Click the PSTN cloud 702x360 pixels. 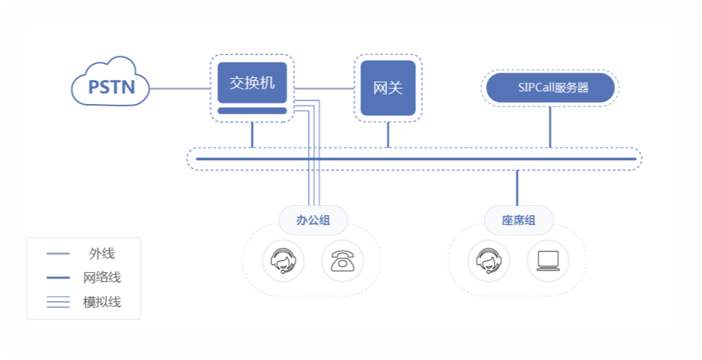[x=111, y=82]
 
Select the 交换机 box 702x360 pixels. [x=252, y=83]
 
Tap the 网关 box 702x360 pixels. [x=388, y=88]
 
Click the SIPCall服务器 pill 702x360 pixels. [x=550, y=88]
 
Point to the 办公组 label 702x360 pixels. [x=313, y=220]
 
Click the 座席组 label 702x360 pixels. [x=518, y=220]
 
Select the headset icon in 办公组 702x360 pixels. [x=283, y=261]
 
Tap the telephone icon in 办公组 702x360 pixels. [x=343, y=261]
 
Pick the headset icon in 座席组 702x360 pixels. [x=489, y=261]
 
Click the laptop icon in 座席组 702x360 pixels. [x=548, y=261]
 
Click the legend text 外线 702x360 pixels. [x=102, y=254]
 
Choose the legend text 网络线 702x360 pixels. [x=102, y=277]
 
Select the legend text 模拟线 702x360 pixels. [x=102, y=302]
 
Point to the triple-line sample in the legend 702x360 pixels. [x=58, y=302]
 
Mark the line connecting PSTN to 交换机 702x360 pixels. [x=180, y=89]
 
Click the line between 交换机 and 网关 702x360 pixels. [x=324, y=89]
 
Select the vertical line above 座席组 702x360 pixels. [x=518, y=187]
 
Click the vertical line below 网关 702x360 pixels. [x=388, y=135]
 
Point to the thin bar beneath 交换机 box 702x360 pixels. [x=252, y=111]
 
